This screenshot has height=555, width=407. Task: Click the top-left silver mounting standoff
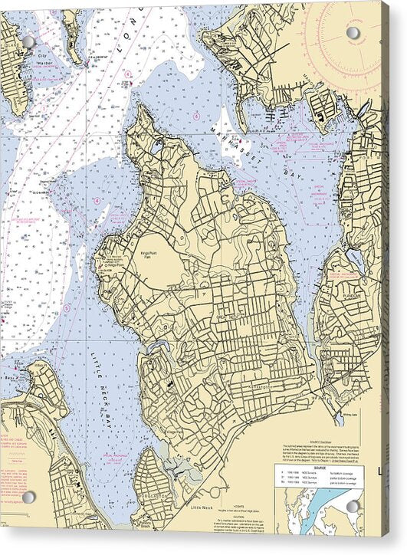28,41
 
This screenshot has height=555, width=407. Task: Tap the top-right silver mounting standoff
353,33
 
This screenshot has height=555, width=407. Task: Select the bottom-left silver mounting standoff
29,497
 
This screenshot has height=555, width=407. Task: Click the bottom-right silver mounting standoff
353,507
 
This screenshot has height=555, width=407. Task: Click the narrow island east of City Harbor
72,35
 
